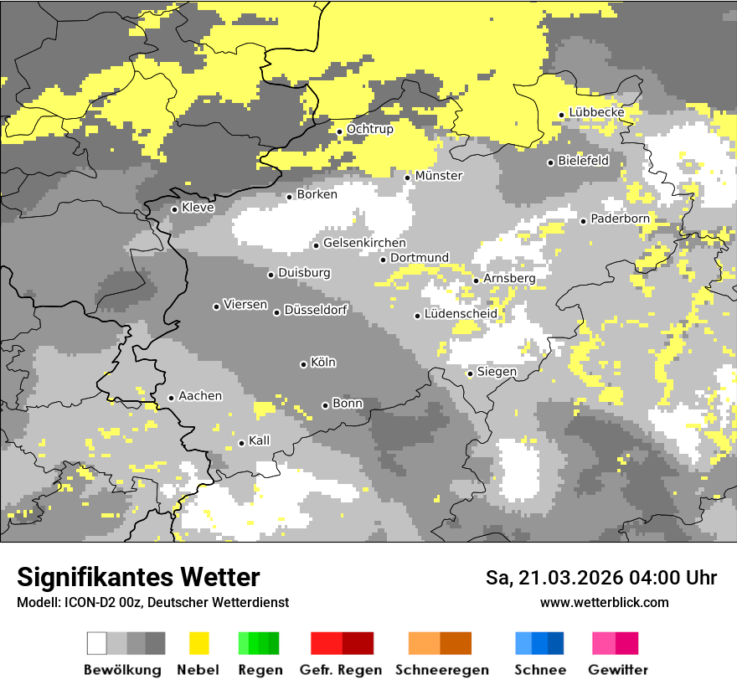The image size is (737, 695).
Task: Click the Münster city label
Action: coord(439,176)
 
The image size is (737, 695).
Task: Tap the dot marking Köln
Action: coord(303,364)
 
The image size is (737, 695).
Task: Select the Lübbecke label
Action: coord(596,112)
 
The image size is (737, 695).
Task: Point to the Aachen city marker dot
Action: coord(171,398)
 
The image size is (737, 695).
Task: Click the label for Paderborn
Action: coord(620,219)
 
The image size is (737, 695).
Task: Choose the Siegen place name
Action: coord(497,372)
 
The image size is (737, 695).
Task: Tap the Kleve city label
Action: coord(198,208)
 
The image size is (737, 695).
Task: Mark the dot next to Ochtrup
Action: coord(339,131)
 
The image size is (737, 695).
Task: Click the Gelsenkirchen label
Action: coord(364,243)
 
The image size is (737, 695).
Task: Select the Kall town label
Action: coord(260,440)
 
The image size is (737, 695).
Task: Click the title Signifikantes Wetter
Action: coord(138,578)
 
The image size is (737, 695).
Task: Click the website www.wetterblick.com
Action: coord(604,603)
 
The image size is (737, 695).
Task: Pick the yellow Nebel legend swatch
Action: coord(198,643)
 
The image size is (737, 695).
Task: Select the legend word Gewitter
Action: coord(617,671)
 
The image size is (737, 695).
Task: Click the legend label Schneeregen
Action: coord(442,671)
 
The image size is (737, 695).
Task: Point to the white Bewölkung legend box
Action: coord(97,643)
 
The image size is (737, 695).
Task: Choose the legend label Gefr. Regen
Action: coord(341,671)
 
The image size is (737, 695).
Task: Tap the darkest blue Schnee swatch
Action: coord(555,643)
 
